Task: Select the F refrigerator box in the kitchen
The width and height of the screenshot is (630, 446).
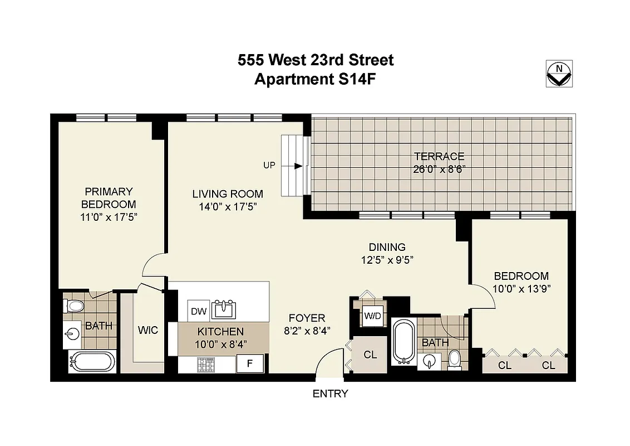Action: tap(249, 364)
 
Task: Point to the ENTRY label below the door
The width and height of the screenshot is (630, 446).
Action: tap(330, 394)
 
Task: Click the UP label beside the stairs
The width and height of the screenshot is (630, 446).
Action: tap(269, 166)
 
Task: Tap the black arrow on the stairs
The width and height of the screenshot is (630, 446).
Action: tap(298, 166)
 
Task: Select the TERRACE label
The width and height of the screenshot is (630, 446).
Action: tap(439, 157)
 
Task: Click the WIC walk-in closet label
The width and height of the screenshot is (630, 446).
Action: tap(147, 330)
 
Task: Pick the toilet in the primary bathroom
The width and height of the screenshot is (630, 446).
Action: tap(75, 306)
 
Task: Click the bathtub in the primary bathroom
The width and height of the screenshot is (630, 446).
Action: tap(92, 361)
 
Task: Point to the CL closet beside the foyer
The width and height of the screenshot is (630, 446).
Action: tap(370, 355)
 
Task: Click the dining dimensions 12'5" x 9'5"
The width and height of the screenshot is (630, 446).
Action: tap(387, 259)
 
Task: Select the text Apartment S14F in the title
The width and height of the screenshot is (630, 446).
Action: tap(316, 79)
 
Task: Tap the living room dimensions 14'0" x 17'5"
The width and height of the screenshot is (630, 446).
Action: tap(228, 206)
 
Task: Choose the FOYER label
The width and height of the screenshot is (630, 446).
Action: tap(307, 318)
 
